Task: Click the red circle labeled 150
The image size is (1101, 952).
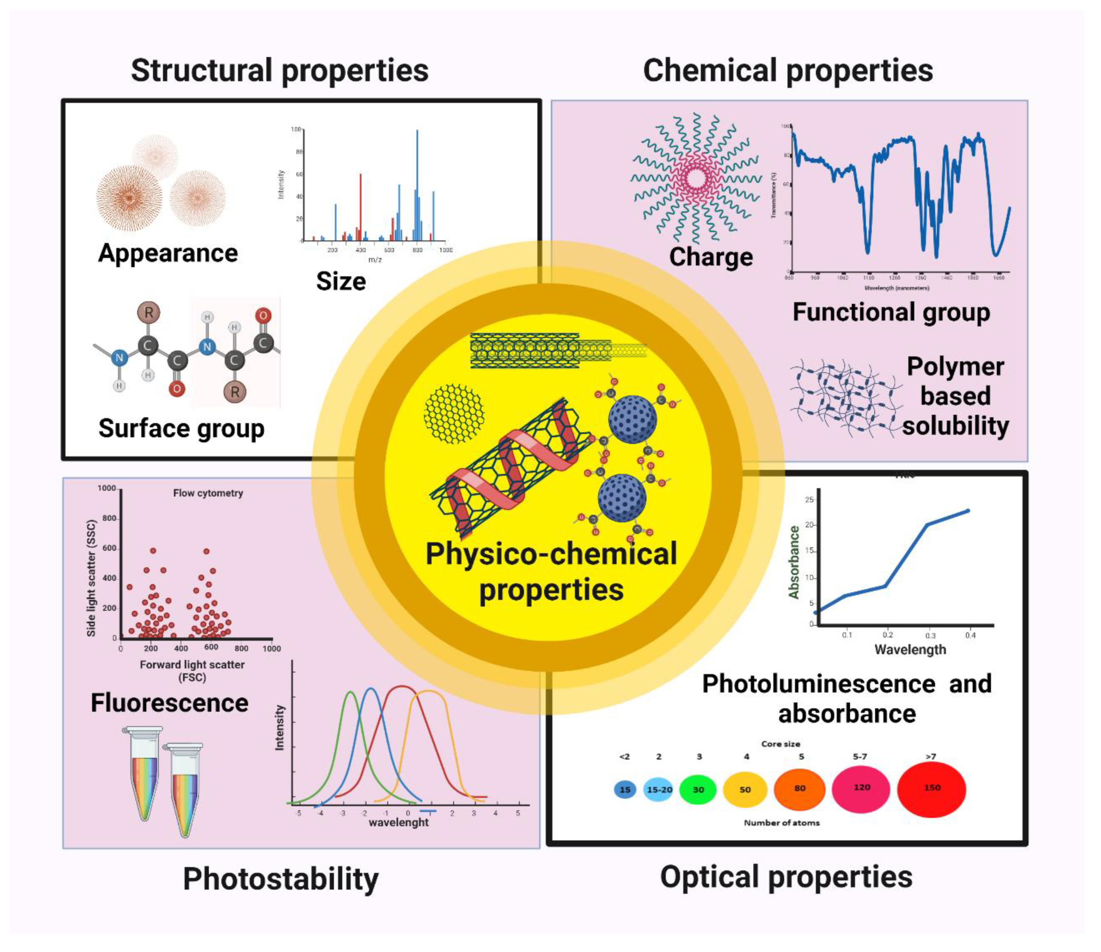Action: pyautogui.click(x=931, y=789)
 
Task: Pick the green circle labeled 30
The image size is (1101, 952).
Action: pyautogui.click(x=698, y=789)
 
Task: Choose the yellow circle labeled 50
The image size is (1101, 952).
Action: pyautogui.click(x=745, y=789)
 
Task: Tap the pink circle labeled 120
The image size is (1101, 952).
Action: pyautogui.click(x=861, y=788)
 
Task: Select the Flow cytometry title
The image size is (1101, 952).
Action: pyautogui.click(x=208, y=493)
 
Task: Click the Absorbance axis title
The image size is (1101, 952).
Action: pyautogui.click(x=794, y=562)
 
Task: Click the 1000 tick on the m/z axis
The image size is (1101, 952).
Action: pyautogui.click(x=445, y=250)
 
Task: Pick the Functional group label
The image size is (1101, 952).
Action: pyautogui.click(x=891, y=312)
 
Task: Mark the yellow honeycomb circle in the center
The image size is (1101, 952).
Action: pyautogui.click(x=454, y=414)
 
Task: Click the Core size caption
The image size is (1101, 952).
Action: pyautogui.click(x=780, y=744)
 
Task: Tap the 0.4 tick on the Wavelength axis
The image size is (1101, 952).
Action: pyautogui.click(x=970, y=635)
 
